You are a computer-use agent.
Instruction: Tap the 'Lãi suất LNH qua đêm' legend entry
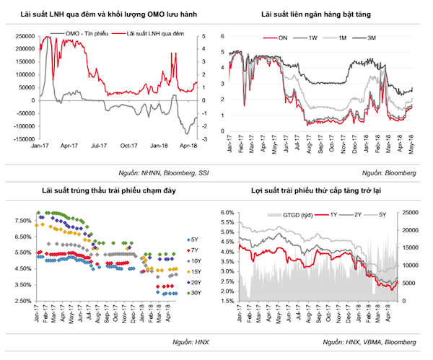click(154, 34)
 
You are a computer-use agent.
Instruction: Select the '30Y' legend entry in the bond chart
click(196, 293)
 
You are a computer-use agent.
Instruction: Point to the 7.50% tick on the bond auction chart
click(22, 221)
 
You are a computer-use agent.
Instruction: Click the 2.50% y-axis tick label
click(22, 301)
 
